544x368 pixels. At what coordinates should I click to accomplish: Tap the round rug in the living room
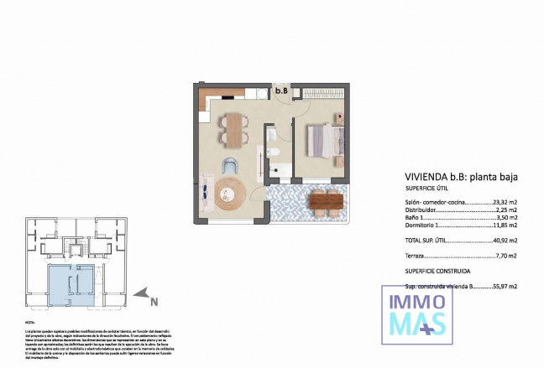click(228, 194)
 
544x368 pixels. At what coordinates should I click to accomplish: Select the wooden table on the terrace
click(324, 201)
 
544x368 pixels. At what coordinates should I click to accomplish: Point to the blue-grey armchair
click(232, 165)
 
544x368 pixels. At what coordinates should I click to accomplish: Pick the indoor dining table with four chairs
click(234, 129)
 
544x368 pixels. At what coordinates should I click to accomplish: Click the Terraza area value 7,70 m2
click(505, 255)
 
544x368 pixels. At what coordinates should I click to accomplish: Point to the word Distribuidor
click(424, 210)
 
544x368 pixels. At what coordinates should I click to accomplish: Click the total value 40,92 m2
click(504, 241)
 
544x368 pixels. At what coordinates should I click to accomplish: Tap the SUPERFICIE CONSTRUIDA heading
click(437, 272)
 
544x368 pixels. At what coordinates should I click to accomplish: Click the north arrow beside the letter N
click(145, 293)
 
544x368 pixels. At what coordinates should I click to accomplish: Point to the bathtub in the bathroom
click(280, 173)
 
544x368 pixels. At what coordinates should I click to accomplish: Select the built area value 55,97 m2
click(504, 286)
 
